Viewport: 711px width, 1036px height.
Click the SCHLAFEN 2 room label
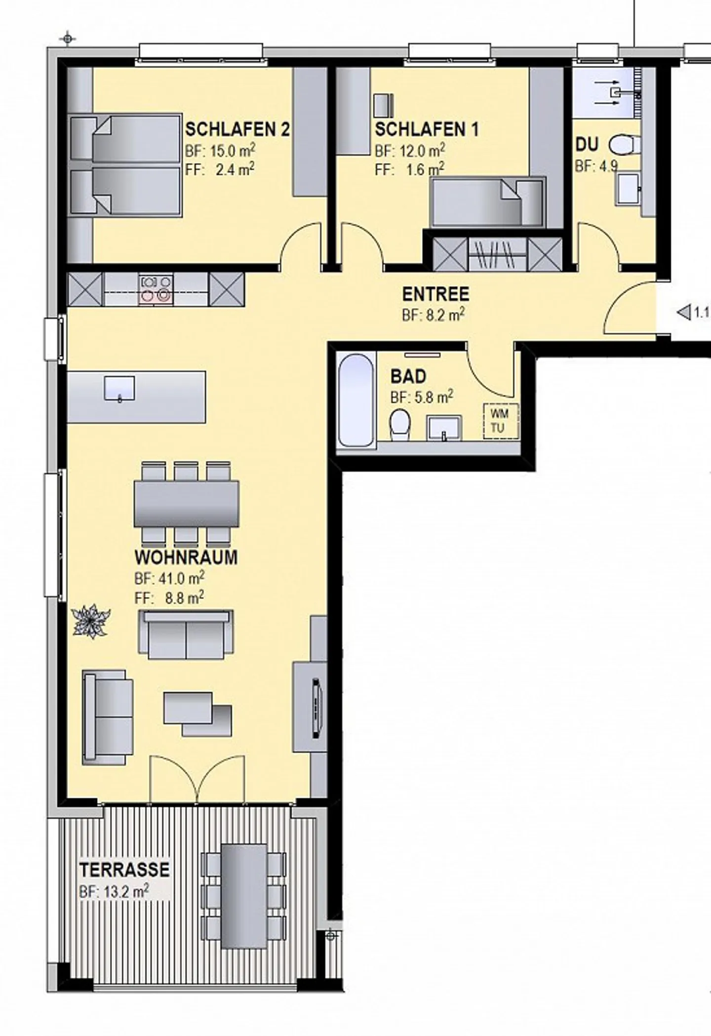coord(237,129)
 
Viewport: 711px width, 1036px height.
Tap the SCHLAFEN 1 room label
coord(427,129)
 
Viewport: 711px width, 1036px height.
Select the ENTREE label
coord(435,294)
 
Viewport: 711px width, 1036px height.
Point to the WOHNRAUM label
coord(186,557)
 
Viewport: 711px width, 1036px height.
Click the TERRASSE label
coord(124,870)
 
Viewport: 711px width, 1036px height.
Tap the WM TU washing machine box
coord(501,420)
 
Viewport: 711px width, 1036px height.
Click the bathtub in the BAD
coord(355,400)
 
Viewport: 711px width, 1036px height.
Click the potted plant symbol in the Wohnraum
coord(91,621)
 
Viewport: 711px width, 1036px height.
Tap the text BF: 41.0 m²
coord(169,578)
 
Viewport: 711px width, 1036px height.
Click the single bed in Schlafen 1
coord(487,202)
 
